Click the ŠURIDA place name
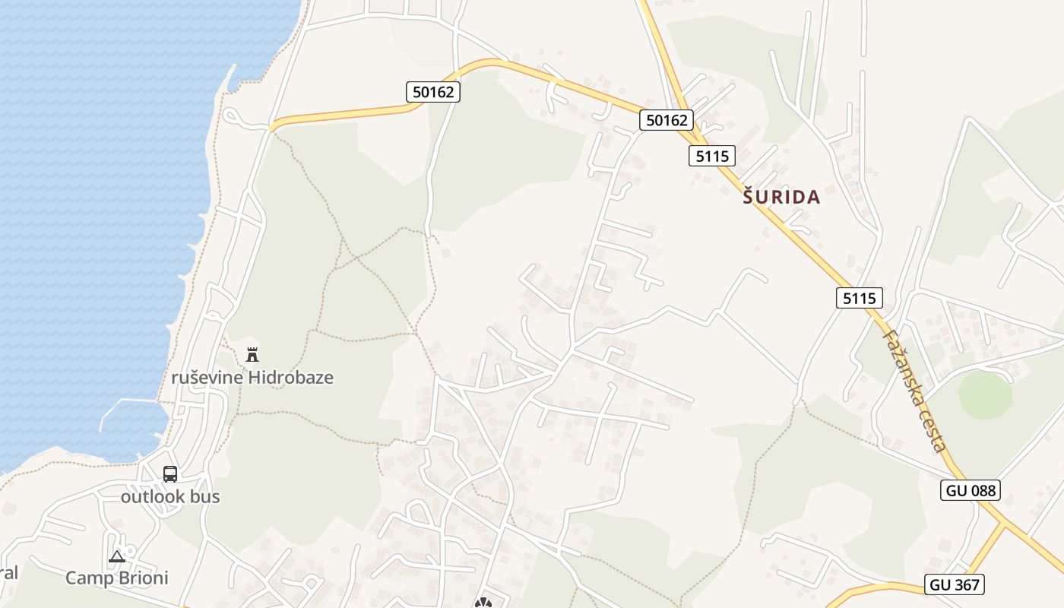click(x=781, y=198)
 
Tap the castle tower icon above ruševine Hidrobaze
click(x=252, y=354)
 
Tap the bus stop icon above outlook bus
click(x=170, y=473)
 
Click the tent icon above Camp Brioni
click(x=116, y=556)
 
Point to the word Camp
click(x=90, y=578)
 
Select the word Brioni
click(x=143, y=578)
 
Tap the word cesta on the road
click(x=935, y=430)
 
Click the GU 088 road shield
click(x=970, y=490)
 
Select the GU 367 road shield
click(x=955, y=584)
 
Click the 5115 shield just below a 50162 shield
click(x=712, y=157)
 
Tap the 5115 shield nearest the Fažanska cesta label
click(x=860, y=298)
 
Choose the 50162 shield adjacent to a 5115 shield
click(x=667, y=120)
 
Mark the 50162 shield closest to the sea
click(x=433, y=92)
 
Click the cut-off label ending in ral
click(x=8, y=572)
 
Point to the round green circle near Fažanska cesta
click(x=985, y=394)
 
